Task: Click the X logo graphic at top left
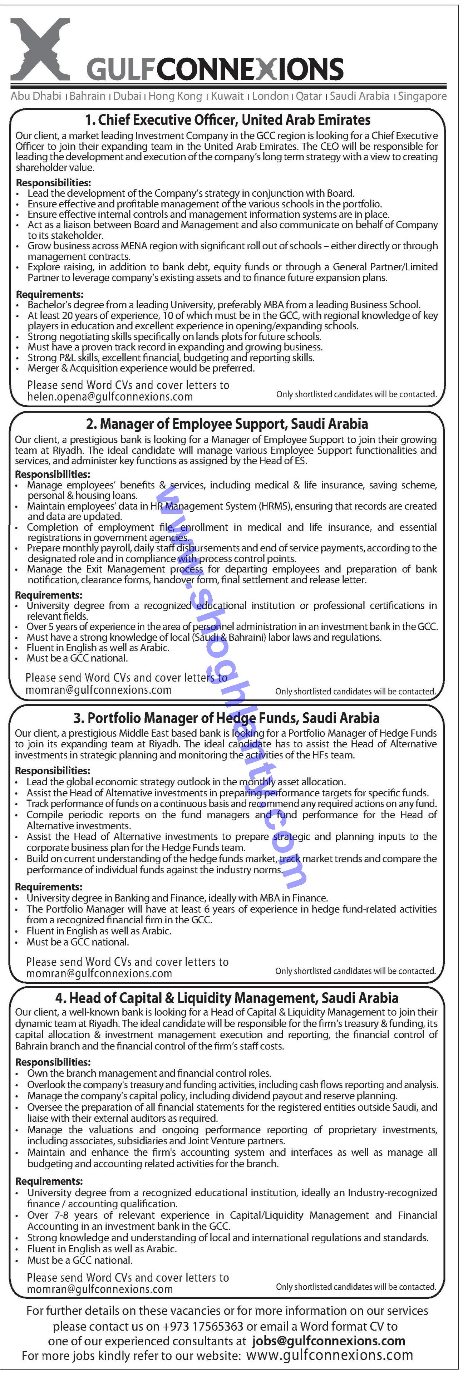click(x=40, y=49)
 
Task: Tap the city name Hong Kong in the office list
click(x=175, y=96)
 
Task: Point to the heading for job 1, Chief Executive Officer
click(x=227, y=120)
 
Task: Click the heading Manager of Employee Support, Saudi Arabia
click(x=227, y=424)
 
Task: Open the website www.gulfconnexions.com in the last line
click(x=330, y=1356)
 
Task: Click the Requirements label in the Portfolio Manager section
click(x=49, y=887)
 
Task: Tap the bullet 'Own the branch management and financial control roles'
click(x=149, y=1073)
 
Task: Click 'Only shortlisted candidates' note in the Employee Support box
click(x=355, y=691)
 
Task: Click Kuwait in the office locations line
click(x=227, y=96)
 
